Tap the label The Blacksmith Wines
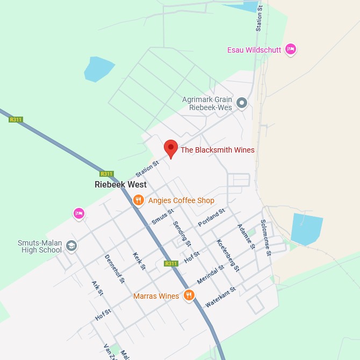[217, 150]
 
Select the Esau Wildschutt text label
[254, 50]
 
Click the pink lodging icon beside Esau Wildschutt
[291, 49]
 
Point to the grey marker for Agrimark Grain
[242, 102]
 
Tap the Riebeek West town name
[120, 184]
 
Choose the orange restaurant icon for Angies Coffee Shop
[139, 200]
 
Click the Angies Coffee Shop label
[181, 200]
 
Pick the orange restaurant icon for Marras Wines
[189, 295]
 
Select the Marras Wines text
[156, 296]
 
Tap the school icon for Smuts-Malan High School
[71, 246]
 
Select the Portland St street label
[211, 217]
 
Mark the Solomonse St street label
[266, 236]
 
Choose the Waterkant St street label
[220, 297]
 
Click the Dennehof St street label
[114, 268]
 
